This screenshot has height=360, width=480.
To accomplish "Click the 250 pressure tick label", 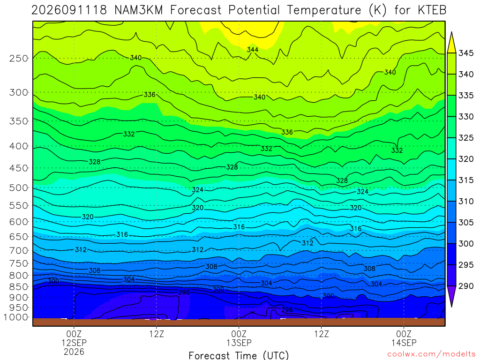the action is coord(19,58).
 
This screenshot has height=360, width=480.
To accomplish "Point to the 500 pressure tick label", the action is coord(19,187).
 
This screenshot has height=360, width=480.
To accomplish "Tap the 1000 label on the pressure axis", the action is coord(16,317).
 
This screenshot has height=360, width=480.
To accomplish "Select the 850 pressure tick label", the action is coord(19,287).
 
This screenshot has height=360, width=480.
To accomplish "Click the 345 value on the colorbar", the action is coord(466,53).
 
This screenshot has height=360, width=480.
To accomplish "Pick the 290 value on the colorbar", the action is coord(466,286).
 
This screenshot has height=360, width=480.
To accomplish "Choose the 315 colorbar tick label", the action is coord(466,180).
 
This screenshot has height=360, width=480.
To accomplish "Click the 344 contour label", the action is coord(253,50).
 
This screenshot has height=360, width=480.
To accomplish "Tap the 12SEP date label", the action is coord(74,343).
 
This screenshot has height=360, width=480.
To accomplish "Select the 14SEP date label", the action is coord(404,343).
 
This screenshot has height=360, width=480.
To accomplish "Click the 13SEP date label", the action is coord(239,343).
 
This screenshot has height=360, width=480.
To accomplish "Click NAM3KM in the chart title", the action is coord(139,10).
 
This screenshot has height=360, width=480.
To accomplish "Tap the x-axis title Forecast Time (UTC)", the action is coord(239,355).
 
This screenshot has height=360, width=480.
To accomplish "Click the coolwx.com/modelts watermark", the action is coord(431,354).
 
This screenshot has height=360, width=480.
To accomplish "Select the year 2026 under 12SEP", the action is coord(74,352).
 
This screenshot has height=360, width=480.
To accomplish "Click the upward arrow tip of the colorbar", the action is coord(451,32).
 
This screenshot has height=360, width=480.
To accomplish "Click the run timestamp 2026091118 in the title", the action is coord(69,10).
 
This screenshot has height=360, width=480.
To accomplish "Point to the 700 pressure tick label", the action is coord(19,251).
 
